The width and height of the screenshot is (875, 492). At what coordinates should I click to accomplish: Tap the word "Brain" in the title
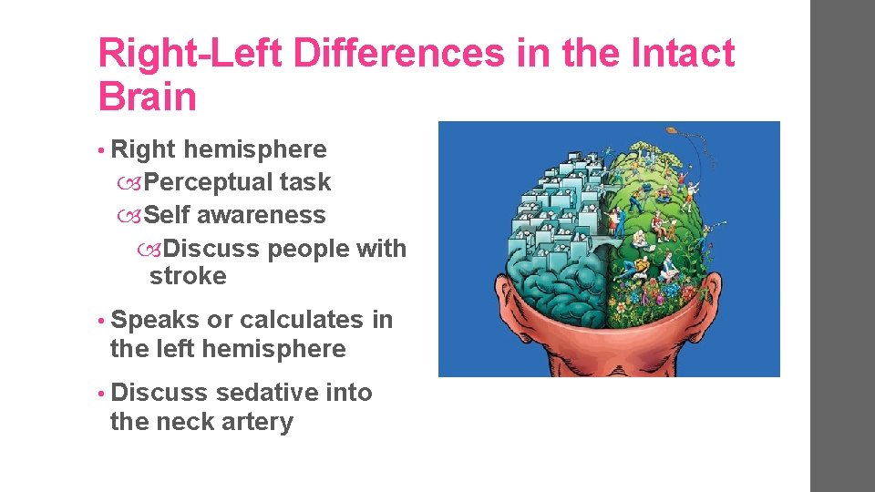[147, 96]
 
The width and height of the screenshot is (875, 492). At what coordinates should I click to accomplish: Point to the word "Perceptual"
[209, 182]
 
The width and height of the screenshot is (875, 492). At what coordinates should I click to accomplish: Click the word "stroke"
[188, 276]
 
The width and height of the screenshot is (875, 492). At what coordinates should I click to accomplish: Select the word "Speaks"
[155, 320]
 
